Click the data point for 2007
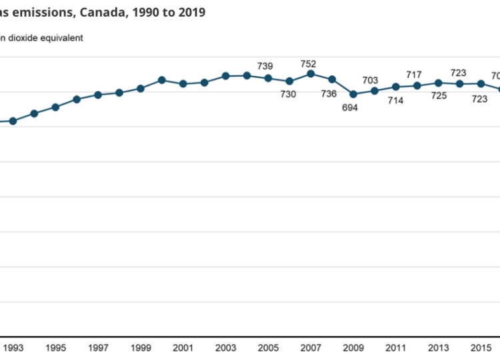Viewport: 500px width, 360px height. click(311, 73)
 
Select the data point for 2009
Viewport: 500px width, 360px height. click(353, 95)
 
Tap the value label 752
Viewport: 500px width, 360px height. click(308, 63)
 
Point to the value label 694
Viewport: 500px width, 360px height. click(350, 107)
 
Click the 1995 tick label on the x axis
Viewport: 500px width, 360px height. click(55, 347)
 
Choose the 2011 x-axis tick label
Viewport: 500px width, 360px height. click(397, 347)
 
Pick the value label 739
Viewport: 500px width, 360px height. click(265, 65)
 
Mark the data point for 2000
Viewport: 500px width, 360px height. click(161, 80)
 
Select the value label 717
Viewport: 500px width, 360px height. click(414, 74)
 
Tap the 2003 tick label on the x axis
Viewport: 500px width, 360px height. click(226, 347)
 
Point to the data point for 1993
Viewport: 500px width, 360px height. click(13, 121)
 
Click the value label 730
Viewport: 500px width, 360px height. click(288, 94)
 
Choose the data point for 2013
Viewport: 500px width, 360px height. click(439, 83)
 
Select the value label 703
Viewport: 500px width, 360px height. click(370, 80)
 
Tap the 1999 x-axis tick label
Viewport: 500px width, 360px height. click(141, 347)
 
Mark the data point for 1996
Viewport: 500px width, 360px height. click(77, 99)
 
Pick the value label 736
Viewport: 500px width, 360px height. click(329, 93)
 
